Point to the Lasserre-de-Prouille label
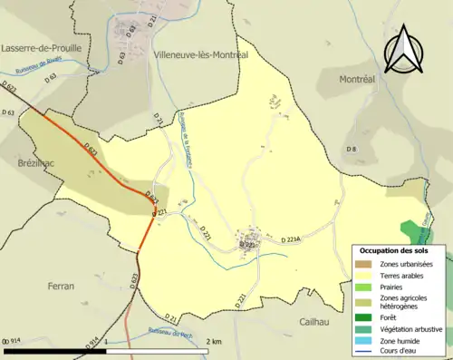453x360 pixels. (42, 47)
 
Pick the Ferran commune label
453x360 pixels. (61, 286)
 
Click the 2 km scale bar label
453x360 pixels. (214, 341)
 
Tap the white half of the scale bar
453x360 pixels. (159, 350)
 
